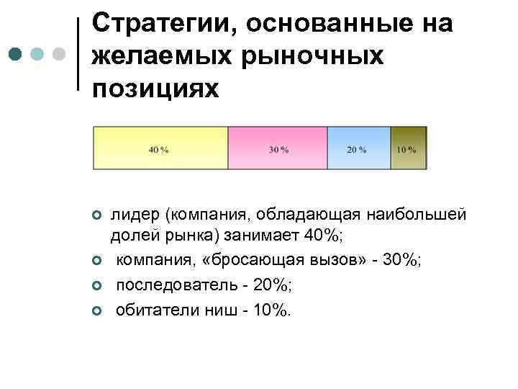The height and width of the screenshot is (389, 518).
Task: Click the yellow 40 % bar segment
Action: click(x=160, y=148)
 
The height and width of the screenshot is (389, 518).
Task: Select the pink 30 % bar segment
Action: click(x=278, y=148)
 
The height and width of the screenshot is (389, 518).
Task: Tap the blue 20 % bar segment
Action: click(x=359, y=148)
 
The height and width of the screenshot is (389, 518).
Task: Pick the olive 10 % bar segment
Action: click(x=409, y=148)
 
